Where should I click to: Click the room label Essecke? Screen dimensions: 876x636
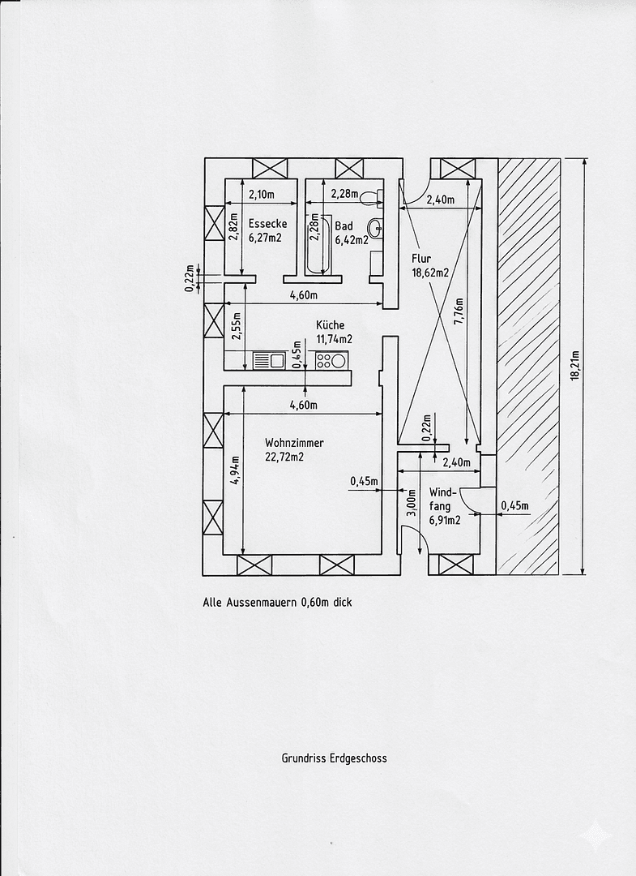point(268,224)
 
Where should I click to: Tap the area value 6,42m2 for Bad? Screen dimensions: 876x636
point(352,240)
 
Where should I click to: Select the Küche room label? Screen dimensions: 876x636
point(330,324)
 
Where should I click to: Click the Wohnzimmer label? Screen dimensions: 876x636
point(294,443)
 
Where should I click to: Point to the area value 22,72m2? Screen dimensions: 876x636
point(284,457)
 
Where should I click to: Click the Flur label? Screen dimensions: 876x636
point(420,260)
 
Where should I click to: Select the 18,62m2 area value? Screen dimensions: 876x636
point(430,274)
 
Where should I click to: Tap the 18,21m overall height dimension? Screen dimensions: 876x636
point(574,366)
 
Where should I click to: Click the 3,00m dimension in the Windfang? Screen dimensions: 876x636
point(411,502)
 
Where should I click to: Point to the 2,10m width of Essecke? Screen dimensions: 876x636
point(261,195)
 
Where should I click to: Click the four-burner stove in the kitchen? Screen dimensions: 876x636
point(331,359)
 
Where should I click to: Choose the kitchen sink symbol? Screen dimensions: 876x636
point(268,359)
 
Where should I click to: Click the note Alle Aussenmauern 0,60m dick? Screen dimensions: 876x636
point(278,603)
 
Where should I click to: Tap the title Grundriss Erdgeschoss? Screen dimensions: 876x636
point(334,758)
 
